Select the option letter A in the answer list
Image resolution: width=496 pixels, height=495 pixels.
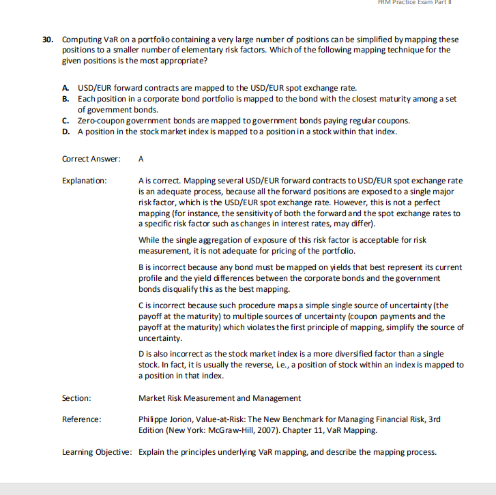(65, 89)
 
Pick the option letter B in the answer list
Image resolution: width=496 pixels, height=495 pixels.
(65, 100)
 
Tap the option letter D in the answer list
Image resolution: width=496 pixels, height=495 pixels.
(65, 132)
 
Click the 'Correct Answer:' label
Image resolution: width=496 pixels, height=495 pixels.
(91, 159)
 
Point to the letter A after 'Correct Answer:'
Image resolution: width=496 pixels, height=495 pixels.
(141, 159)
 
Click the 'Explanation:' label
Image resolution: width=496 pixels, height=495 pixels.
(85, 181)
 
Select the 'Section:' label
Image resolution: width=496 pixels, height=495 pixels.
(76, 397)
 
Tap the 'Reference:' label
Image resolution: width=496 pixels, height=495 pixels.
(82, 419)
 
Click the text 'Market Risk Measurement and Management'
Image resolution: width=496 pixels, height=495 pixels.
(219, 397)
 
